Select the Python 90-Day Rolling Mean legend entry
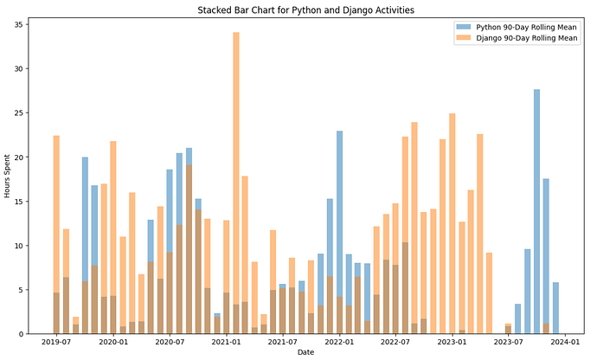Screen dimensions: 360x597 pos(518,28)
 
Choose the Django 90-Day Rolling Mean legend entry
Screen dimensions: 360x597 pos(519,38)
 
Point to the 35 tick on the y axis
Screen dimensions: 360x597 pos(22,24)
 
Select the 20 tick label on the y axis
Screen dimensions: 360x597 pos(22,157)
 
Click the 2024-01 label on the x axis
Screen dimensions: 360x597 pos(565,343)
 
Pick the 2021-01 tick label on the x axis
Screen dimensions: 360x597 pos(225,343)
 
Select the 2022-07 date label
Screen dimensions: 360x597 pos(395,343)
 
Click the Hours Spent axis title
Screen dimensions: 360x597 pos(8,179)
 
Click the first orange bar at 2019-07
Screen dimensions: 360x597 pos(56,234)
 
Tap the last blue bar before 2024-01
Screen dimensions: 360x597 pos(555,308)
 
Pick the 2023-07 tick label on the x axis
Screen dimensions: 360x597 pos(508,343)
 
